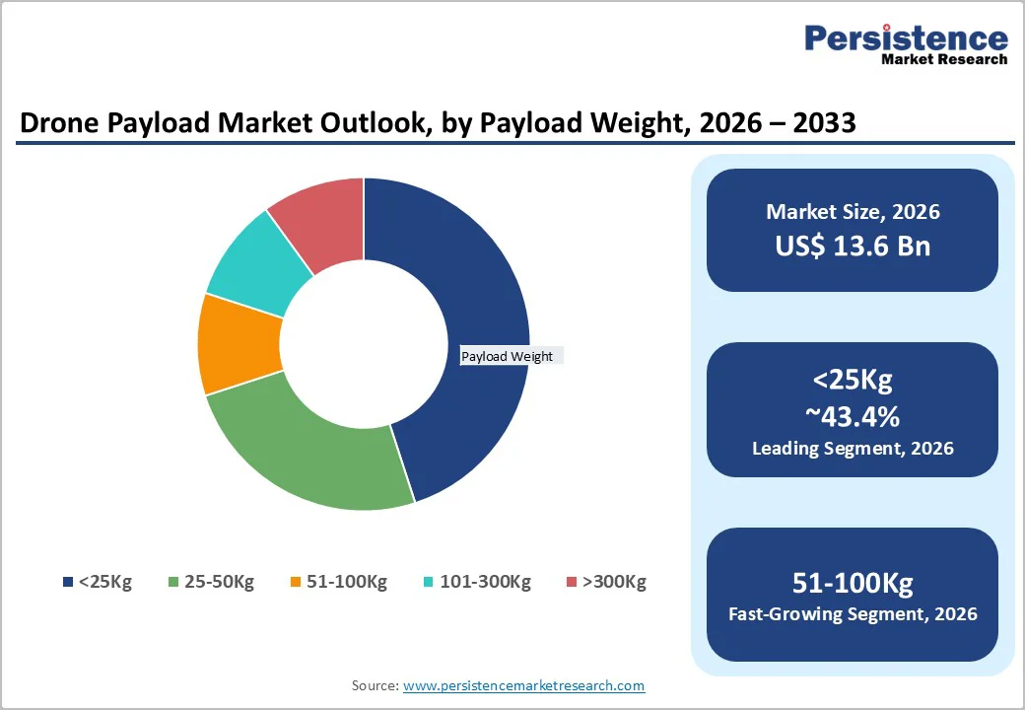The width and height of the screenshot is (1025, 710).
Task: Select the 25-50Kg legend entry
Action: (x=211, y=582)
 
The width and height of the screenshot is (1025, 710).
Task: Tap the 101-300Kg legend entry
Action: (x=477, y=582)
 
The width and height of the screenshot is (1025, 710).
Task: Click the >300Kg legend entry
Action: (x=606, y=582)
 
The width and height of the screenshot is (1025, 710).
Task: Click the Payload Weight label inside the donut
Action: (x=508, y=356)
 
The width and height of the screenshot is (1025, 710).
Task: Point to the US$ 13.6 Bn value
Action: (x=853, y=246)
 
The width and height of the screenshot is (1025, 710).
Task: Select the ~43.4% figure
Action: (x=853, y=416)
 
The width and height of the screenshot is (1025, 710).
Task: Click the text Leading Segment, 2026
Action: (x=853, y=449)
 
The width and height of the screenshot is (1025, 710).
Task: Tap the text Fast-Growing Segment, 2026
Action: (x=853, y=614)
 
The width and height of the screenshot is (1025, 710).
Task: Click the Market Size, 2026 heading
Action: (x=853, y=212)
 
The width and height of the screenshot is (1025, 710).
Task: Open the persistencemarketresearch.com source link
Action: (x=523, y=685)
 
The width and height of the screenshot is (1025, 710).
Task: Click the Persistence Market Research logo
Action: (x=906, y=43)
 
